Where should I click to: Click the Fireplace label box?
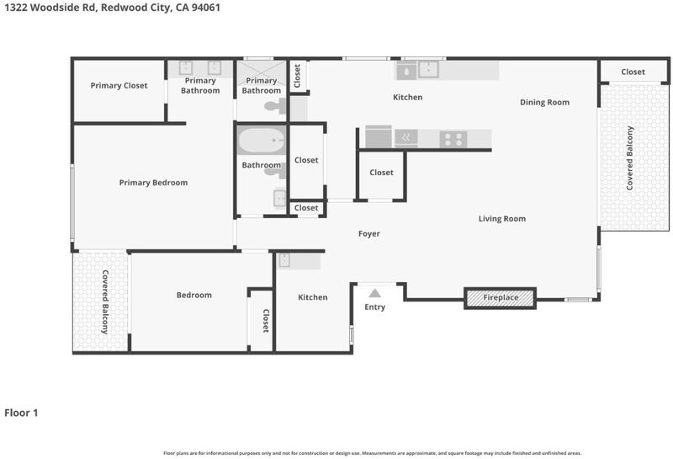pos(500,297)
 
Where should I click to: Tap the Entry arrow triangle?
pos(374,294)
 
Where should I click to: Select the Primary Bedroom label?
pos(153,183)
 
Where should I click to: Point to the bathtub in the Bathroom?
pos(262,140)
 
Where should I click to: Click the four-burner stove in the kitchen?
pos(453,139)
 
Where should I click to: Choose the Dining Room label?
pos(544,102)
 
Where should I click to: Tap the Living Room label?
pos(501,219)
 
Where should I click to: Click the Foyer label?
pos(369,234)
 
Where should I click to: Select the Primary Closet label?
pos(119,86)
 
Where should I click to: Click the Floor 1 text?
pos(21,413)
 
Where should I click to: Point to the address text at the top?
pos(112,8)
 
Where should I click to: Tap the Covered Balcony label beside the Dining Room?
pos(629,157)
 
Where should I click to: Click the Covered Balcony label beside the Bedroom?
pos(104,302)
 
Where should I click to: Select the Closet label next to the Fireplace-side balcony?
pos(633,72)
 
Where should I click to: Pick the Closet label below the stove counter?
pos(381,173)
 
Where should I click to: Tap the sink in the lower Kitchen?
pos(284,260)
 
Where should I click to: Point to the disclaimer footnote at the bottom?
pos(372,453)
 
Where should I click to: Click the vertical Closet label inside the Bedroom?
pos(266,321)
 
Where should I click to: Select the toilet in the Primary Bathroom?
pos(275,106)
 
